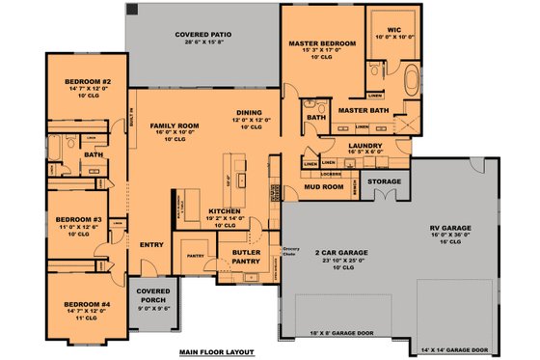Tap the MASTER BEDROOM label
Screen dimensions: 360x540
(323, 44)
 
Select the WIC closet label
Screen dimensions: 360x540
(394, 30)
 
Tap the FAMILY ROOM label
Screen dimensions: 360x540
(174, 126)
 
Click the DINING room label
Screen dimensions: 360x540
(250, 112)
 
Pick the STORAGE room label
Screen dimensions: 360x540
(385, 180)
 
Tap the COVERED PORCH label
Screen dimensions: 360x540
(153, 292)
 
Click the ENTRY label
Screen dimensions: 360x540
(151, 244)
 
